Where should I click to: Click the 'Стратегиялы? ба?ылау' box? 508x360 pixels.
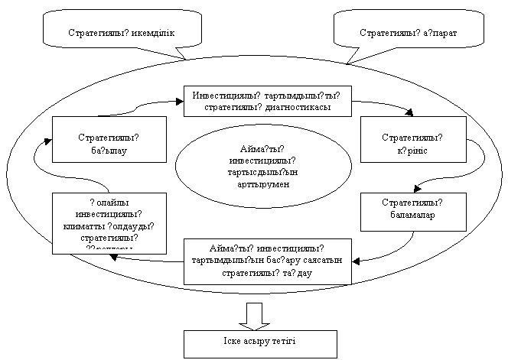tap(109, 139)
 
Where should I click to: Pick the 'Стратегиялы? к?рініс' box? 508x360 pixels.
tap(412, 139)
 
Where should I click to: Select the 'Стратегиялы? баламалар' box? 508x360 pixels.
tap(412, 210)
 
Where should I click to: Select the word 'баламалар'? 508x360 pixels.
tap(412, 216)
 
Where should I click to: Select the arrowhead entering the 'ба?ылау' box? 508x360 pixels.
tap(47, 140)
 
